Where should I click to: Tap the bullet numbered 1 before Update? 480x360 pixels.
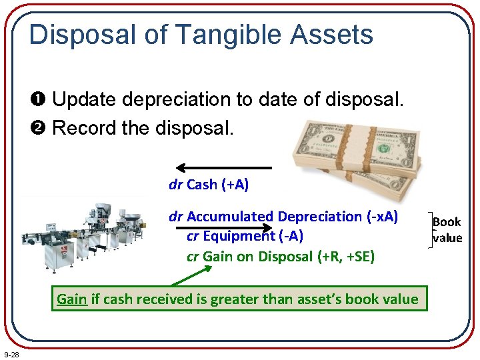(x=42, y=100)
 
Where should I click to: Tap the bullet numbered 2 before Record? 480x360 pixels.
(x=42, y=127)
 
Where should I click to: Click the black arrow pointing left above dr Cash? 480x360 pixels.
(x=224, y=168)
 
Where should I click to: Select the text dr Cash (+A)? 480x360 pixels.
(x=209, y=185)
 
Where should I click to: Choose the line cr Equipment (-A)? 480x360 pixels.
(x=245, y=237)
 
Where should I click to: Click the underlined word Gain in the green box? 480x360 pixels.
(x=72, y=299)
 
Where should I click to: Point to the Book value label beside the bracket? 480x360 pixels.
(x=447, y=229)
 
